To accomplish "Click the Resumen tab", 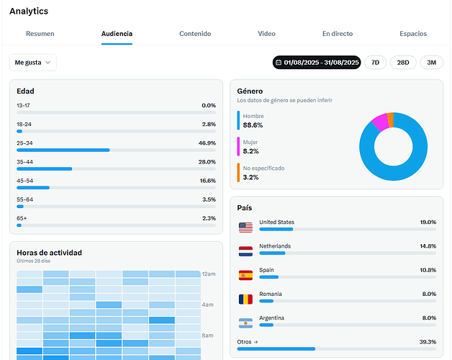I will [x=40, y=34].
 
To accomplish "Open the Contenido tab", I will [x=195, y=34].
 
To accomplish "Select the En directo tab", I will [x=338, y=34].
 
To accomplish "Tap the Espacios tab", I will [x=413, y=34].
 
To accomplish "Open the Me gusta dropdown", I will [x=33, y=63].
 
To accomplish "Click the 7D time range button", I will [x=375, y=63].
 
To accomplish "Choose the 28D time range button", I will [x=403, y=63].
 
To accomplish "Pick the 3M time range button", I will [x=431, y=63].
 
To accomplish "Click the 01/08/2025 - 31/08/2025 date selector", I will [x=317, y=63].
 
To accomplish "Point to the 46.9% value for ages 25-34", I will [x=207, y=143].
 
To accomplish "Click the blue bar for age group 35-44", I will [x=45, y=168].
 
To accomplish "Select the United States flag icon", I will [x=245, y=227].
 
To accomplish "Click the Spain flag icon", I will [x=245, y=274].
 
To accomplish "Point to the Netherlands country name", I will [x=275, y=246].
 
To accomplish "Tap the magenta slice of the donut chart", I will [x=379, y=122].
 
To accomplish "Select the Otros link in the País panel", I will [x=246, y=342].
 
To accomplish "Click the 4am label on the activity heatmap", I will [x=208, y=305].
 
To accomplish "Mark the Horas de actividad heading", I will [x=49, y=253].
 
